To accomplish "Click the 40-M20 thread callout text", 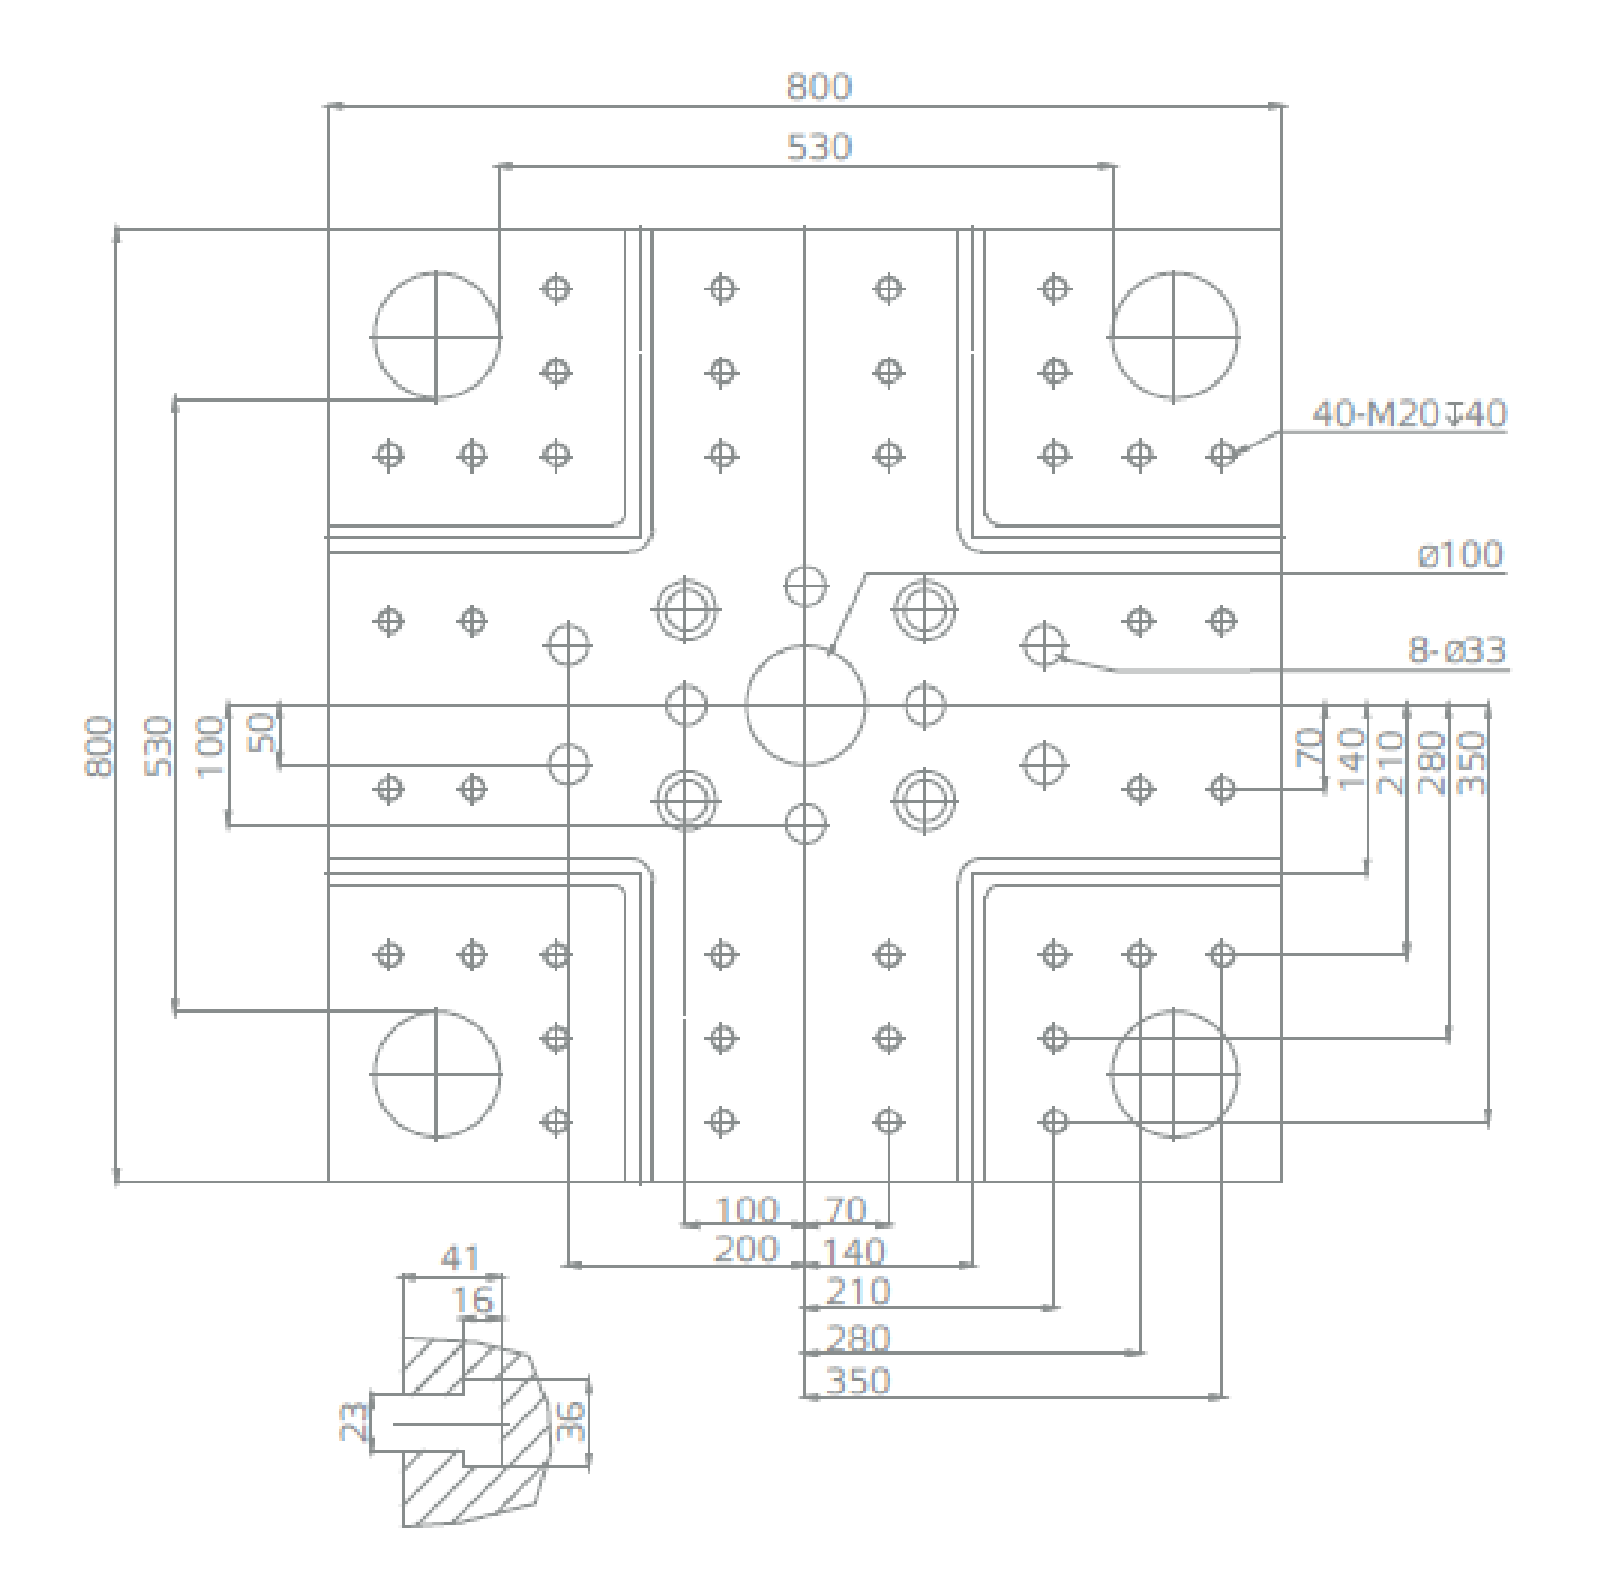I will point(1408,413).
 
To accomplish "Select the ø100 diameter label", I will point(1460,554).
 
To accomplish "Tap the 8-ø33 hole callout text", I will point(1457,651).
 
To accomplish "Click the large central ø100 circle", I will point(806,705).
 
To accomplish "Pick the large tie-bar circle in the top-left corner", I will point(437,336).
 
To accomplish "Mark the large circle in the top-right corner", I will point(1173,336).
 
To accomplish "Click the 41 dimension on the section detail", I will point(460,1259).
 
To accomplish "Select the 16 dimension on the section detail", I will point(473,1301).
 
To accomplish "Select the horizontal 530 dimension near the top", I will point(818,147).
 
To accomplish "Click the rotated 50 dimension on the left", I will point(262,733).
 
